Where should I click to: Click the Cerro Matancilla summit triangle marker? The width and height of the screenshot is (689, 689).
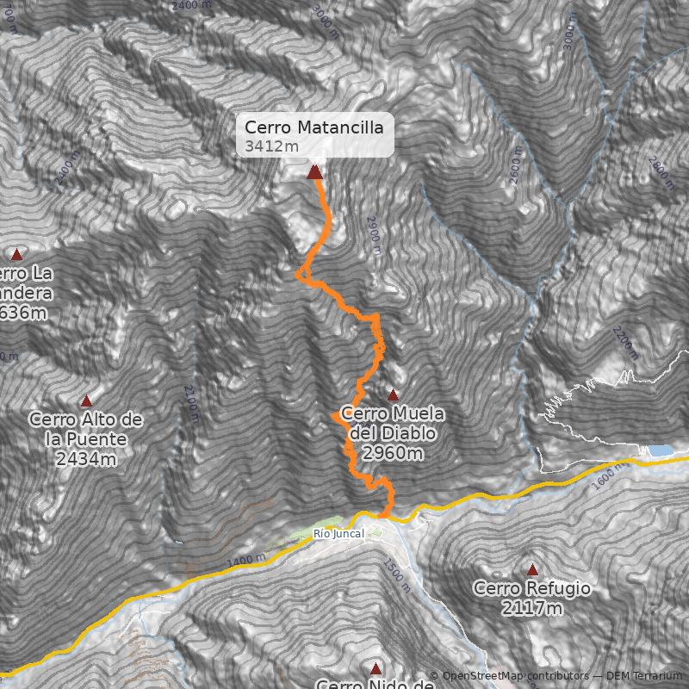314,172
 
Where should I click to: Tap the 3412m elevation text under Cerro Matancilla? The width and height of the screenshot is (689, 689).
271,146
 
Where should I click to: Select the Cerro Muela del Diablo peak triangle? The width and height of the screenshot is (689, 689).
394,395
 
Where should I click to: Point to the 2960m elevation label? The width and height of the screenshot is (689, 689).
393,453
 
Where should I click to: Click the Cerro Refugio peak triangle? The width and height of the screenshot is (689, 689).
532,569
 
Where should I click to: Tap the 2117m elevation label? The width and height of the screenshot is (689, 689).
531,609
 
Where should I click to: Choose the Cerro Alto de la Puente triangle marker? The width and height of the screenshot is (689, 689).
86,401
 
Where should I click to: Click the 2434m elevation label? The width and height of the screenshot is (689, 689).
86,459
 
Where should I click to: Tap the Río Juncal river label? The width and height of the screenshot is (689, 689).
338,534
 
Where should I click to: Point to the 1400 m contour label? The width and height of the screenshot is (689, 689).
246,563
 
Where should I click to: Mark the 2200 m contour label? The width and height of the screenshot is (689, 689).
626,343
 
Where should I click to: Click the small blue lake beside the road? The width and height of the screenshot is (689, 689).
661,450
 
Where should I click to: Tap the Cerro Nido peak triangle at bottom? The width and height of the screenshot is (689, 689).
376,668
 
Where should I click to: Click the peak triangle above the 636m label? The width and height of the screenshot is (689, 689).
16,254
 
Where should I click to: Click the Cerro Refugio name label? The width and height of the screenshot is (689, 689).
531,589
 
